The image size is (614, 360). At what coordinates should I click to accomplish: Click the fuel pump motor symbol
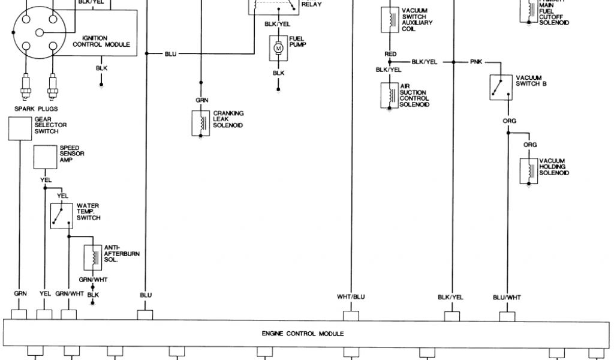278,47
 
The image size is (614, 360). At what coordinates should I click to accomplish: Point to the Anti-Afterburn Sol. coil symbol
92,257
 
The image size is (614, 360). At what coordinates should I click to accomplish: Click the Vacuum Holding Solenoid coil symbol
528,170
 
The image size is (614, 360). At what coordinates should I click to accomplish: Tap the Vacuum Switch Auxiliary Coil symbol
390,20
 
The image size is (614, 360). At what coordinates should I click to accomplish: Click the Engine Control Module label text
302,334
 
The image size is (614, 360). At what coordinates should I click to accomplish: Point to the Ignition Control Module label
101,41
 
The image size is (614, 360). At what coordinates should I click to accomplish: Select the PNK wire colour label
476,62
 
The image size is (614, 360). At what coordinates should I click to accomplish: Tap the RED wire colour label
390,54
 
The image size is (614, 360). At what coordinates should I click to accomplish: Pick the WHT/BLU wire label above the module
351,296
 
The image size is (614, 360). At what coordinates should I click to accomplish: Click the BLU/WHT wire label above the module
507,296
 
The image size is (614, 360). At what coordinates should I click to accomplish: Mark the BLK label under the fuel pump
278,73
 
